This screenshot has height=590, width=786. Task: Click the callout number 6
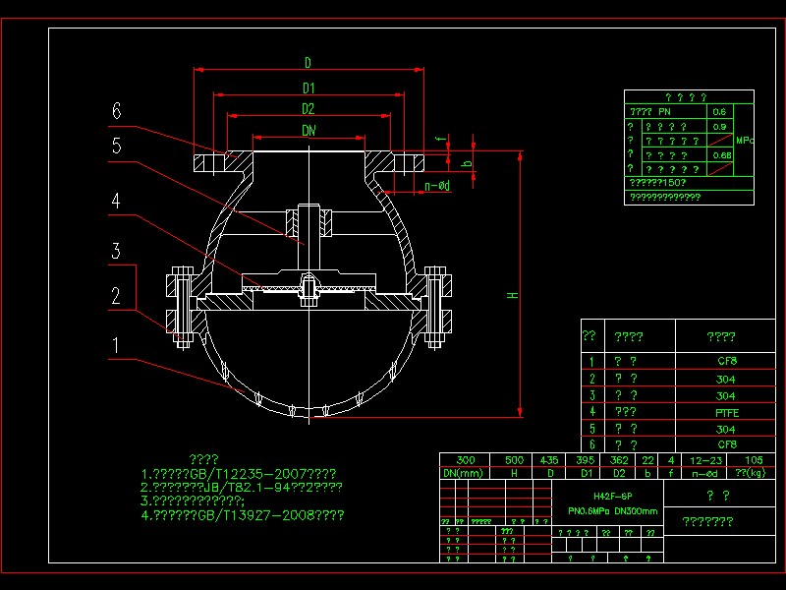116,112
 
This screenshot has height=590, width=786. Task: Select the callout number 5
116,146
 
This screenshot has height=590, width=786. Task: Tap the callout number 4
116,202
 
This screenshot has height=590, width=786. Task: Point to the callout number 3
116,252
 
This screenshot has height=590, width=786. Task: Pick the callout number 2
116,295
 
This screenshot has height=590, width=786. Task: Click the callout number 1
116,345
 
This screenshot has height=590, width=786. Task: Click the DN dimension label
309,130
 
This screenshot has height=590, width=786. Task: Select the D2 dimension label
309,108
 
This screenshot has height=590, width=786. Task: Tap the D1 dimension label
309,88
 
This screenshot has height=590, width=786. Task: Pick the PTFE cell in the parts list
726,412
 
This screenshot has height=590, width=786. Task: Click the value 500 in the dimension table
514,459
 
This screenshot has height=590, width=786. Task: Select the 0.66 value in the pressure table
720,155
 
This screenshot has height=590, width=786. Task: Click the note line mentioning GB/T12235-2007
241,472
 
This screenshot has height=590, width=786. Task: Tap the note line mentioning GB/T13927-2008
243,513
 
